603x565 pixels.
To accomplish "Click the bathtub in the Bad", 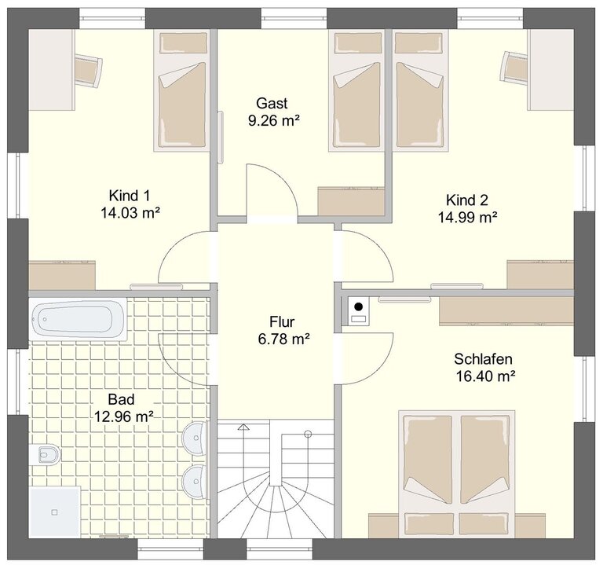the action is tap(78, 319).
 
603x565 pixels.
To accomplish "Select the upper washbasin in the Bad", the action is tap(195, 438).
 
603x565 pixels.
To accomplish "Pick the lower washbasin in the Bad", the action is tap(195, 481).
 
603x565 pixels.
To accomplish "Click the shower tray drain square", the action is tap(55, 512).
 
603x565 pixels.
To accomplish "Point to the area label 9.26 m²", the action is tap(274, 120).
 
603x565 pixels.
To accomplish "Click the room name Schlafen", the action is tap(483, 359).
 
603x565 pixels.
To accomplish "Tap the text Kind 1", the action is tap(130, 196).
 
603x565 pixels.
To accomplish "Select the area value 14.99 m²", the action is tap(467, 218).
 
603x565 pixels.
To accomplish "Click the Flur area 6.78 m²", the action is tap(283, 339).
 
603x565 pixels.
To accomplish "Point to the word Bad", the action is tap(121, 399).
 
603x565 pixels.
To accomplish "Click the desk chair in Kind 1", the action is tap(88, 70).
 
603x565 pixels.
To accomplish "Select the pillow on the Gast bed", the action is tap(358, 42).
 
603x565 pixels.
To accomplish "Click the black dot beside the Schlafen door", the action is tap(358, 306).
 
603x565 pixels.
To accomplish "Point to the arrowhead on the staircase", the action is tap(243, 427).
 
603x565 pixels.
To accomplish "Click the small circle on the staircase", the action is tap(308, 434).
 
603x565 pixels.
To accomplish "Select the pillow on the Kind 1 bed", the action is tap(183, 42).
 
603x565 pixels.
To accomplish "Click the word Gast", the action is tap(272, 103).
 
